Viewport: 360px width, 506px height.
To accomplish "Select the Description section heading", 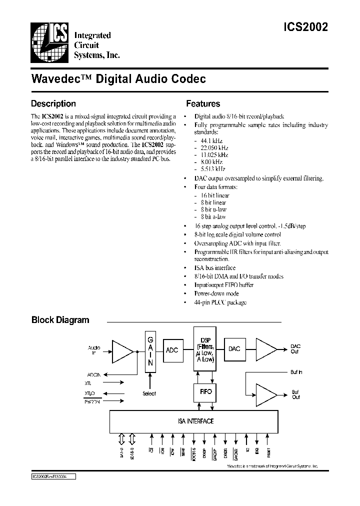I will click(53, 104).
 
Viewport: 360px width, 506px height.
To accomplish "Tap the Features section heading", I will click(203, 104).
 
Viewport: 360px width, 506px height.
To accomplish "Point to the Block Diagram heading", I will click(60, 320).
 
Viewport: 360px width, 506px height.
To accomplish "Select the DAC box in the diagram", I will click(234, 348).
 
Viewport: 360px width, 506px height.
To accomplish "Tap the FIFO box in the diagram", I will click(205, 391).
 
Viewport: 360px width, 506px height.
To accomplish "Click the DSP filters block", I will click(205, 349).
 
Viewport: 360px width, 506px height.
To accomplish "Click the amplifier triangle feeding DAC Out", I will click(265, 348).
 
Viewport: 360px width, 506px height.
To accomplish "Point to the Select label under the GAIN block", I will click(149, 393).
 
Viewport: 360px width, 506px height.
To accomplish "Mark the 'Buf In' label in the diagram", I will click(296, 372).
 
